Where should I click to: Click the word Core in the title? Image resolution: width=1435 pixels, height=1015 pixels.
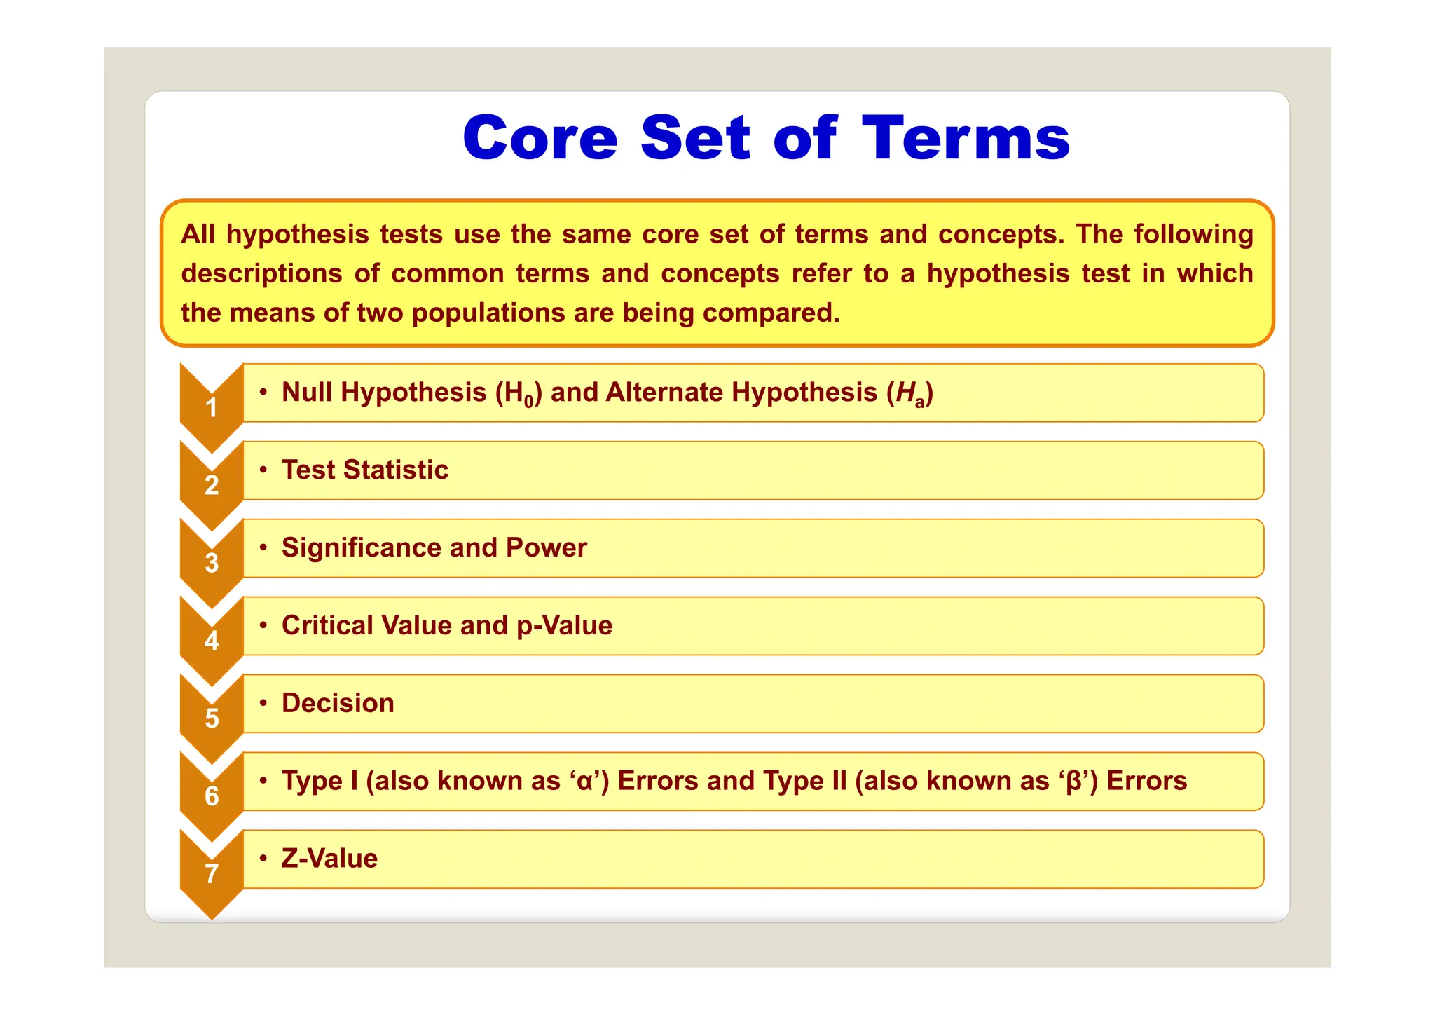[540, 138]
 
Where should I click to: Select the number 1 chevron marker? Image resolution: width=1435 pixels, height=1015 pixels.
[212, 407]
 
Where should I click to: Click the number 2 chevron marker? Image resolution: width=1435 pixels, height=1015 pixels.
[212, 485]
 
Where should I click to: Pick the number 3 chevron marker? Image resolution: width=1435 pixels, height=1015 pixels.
[212, 563]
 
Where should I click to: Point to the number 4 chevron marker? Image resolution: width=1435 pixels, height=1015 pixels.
[212, 641]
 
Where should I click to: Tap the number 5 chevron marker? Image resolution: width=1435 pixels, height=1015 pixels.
[212, 718]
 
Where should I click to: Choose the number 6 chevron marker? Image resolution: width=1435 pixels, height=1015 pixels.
[212, 796]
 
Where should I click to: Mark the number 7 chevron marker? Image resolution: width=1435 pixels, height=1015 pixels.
[212, 874]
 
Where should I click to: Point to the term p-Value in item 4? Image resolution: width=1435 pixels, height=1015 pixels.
[564, 626]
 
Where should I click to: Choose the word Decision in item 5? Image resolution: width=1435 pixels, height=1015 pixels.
[338, 704]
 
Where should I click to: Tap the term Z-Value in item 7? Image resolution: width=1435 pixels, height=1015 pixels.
[329, 859]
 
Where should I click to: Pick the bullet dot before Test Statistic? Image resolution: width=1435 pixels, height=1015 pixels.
[263, 470]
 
